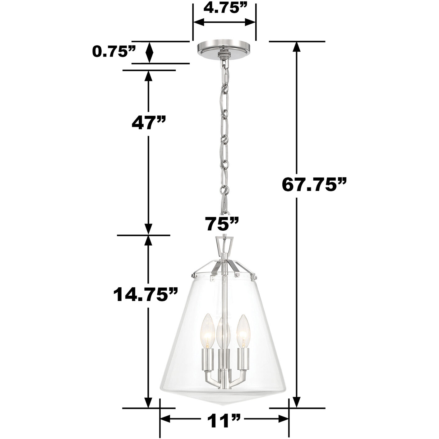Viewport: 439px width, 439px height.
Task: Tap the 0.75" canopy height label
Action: (x=114, y=52)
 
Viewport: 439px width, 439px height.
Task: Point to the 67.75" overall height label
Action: (x=314, y=185)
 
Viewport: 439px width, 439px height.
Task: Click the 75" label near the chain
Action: (x=222, y=224)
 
